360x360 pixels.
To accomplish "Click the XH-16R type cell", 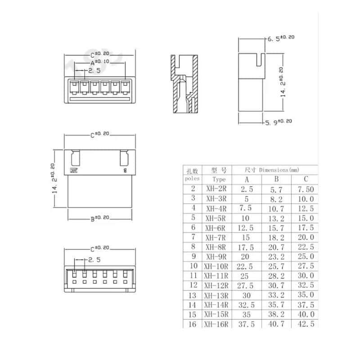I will pyautogui.click(x=216, y=324).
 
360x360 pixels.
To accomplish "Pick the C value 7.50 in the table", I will pyautogui.click(x=306, y=189).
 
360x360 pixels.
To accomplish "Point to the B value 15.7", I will pyautogui.click(x=276, y=228).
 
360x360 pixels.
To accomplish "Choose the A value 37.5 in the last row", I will pyautogui.click(x=245, y=324).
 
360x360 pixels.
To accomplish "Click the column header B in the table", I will pyautogui.click(x=276, y=179).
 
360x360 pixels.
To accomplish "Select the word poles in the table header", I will pyautogui.click(x=192, y=178).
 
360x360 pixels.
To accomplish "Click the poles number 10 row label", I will pyautogui.click(x=193, y=266).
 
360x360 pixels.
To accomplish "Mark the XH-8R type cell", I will pyautogui.click(x=216, y=247).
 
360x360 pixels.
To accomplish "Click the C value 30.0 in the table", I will pyautogui.click(x=306, y=276).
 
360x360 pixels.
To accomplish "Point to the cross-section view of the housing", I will pyautogui.click(x=184, y=84).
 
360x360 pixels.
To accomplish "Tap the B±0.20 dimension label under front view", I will pyautogui.click(x=100, y=219).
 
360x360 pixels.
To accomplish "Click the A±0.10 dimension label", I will pyautogui.click(x=100, y=62).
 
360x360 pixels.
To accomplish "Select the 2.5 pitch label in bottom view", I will pyautogui.click(x=94, y=260).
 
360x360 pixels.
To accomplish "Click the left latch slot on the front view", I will pyautogui.click(x=75, y=158).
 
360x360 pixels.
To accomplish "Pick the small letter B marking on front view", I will pyautogui.click(x=125, y=171).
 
